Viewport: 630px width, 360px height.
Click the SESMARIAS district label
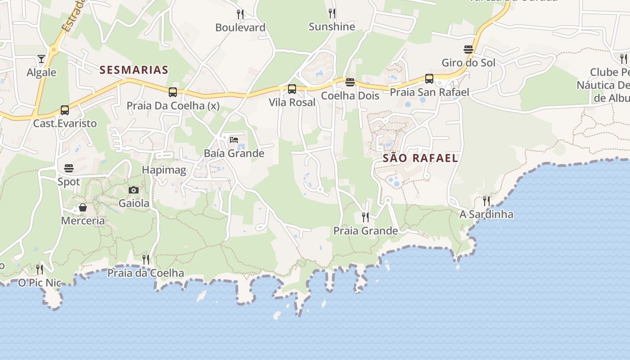[x=134, y=70]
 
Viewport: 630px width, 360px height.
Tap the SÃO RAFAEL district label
[x=420, y=158]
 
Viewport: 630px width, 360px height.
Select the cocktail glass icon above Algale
[x=41, y=59]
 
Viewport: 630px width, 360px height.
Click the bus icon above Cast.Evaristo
[x=65, y=110]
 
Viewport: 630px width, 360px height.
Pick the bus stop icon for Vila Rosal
[x=292, y=89]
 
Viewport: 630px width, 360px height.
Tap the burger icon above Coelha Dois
[x=350, y=82]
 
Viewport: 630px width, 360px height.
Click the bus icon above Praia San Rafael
[x=429, y=79]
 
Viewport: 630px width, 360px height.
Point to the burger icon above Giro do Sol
[x=468, y=49]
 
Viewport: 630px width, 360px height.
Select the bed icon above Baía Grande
[x=234, y=139]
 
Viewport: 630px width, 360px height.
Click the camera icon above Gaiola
[x=134, y=190]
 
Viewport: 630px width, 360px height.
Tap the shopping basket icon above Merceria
[x=83, y=207]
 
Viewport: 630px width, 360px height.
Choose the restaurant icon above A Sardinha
[x=486, y=201]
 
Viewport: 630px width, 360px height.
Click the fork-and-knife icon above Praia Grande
[x=365, y=217]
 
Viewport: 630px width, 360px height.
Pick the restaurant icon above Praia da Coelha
[x=146, y=260]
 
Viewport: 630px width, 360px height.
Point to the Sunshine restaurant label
[x=332, y=27]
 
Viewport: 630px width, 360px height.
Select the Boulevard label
[x=240, y=27]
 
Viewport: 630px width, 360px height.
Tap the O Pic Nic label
[x=40, y=283]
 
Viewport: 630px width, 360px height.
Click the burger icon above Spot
[x=69, y=168]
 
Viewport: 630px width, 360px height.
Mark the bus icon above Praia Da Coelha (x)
[x=173, y=92]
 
